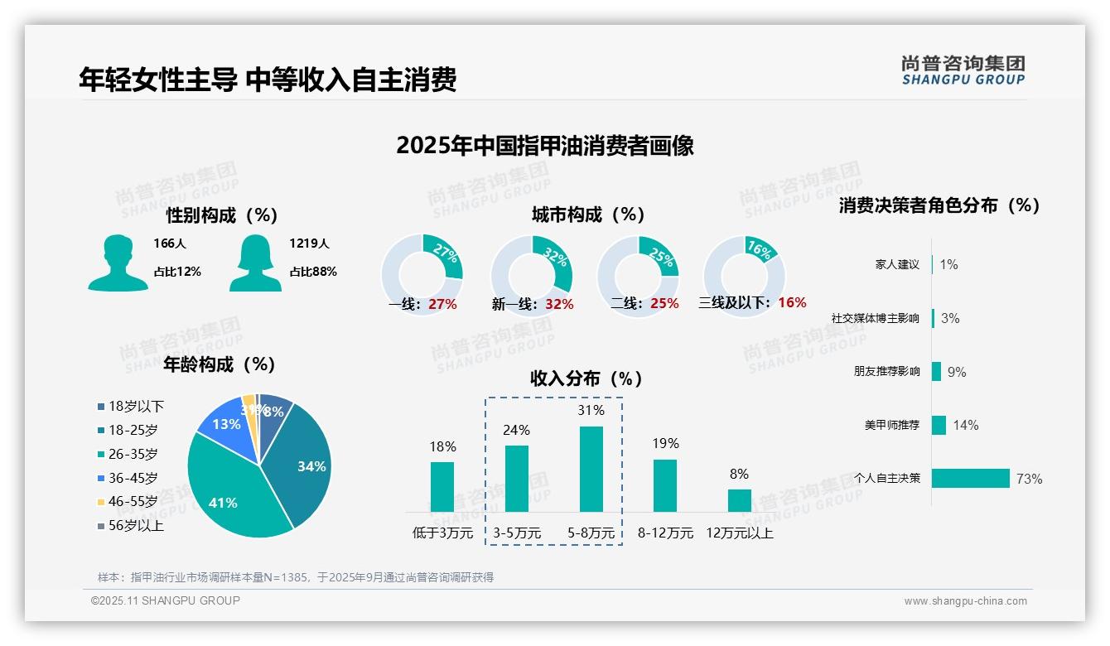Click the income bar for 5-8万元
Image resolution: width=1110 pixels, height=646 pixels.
tap(591, 469)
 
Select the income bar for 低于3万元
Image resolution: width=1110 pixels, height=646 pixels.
tap(442, 486)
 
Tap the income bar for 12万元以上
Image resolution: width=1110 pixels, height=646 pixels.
tap(740, 500)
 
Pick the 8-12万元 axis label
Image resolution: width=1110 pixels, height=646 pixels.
tap(665, 533)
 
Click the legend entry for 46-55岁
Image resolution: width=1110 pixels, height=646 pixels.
tap(133, 502)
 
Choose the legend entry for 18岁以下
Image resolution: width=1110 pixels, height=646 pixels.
tap(136, 406)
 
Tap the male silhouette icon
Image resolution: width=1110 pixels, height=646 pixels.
tap(118, 263)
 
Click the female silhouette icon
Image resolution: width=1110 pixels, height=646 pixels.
tap(255, 263)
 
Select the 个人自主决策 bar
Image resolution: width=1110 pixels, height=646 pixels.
tap(971, 478)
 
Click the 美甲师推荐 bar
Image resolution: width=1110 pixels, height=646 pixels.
tap(939, 425)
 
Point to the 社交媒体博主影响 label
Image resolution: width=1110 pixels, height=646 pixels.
tap(876, 318)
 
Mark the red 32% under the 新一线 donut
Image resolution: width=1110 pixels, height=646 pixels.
tap(559, 304)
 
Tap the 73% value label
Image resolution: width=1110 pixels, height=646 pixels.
tap(1030, 479)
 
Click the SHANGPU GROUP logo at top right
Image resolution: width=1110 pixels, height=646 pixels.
tap(963, 70)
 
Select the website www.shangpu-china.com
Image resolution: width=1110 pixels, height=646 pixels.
tap(965, 601)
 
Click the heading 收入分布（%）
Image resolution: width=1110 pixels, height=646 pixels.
tap(586, 378)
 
